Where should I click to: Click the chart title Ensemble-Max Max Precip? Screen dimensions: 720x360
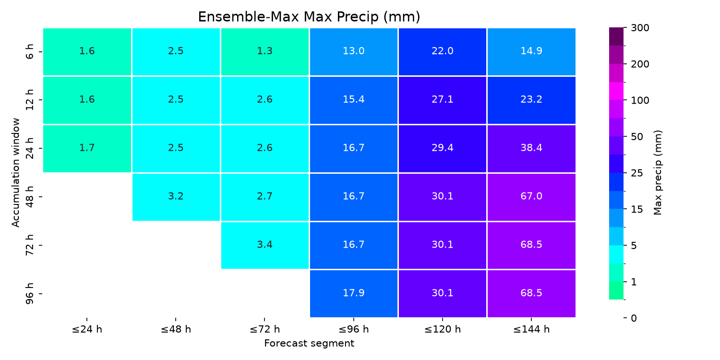(309, 17)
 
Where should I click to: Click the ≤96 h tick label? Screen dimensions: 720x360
(354, 329)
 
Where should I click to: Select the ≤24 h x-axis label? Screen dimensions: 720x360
(87, 329)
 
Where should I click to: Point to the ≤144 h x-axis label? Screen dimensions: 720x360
(531, 329)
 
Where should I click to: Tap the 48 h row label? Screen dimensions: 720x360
(29, 197)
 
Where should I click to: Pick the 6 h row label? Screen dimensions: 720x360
(29, 52)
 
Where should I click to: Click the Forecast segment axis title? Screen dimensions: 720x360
(309, 343)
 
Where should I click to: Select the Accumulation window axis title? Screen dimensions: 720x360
(15, 173)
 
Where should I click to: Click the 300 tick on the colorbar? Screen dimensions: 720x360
(640, 28)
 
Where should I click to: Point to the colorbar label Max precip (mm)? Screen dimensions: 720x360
(658, 173)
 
